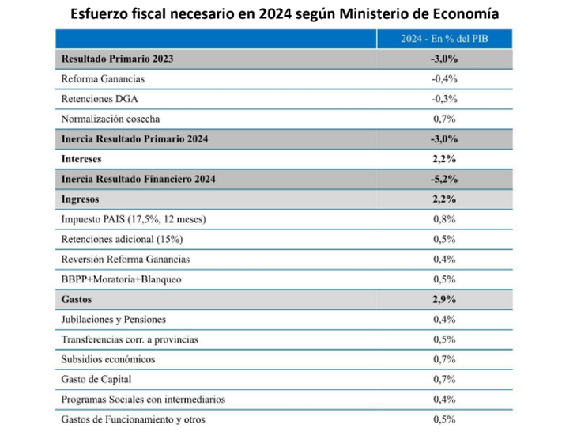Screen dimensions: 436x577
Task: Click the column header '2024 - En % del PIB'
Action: (x=443, y=39)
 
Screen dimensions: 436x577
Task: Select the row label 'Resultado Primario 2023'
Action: (x=117, y=59)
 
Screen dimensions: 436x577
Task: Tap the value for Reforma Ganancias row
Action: (x=444, y=79)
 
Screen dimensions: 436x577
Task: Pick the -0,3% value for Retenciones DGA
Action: (x=444, y=99)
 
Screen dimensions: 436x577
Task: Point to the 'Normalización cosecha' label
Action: (x=110, y=119)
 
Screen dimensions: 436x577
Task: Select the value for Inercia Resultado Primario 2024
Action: (x=444, y=139)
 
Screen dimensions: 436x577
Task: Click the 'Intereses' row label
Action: (x=81, y=159)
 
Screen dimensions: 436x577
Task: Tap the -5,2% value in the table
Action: (x=444, y=179)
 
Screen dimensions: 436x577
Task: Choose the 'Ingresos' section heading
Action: (x=80, y=199)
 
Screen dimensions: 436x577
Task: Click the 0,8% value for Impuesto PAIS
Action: (x=444, y=219)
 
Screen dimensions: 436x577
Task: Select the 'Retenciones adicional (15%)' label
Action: (x=122, y=239)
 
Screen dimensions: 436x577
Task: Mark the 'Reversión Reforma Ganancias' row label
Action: (x=125, y=260)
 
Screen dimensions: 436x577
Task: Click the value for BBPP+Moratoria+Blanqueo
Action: (x=444, y=279)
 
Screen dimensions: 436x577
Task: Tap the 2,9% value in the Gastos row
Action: (x=444, y=300)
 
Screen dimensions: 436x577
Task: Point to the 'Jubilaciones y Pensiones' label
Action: (x=113, y=320)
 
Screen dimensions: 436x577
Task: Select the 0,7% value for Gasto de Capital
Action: (x=444, y=380)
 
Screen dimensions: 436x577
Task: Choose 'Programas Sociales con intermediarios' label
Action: (x=143, y=400)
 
